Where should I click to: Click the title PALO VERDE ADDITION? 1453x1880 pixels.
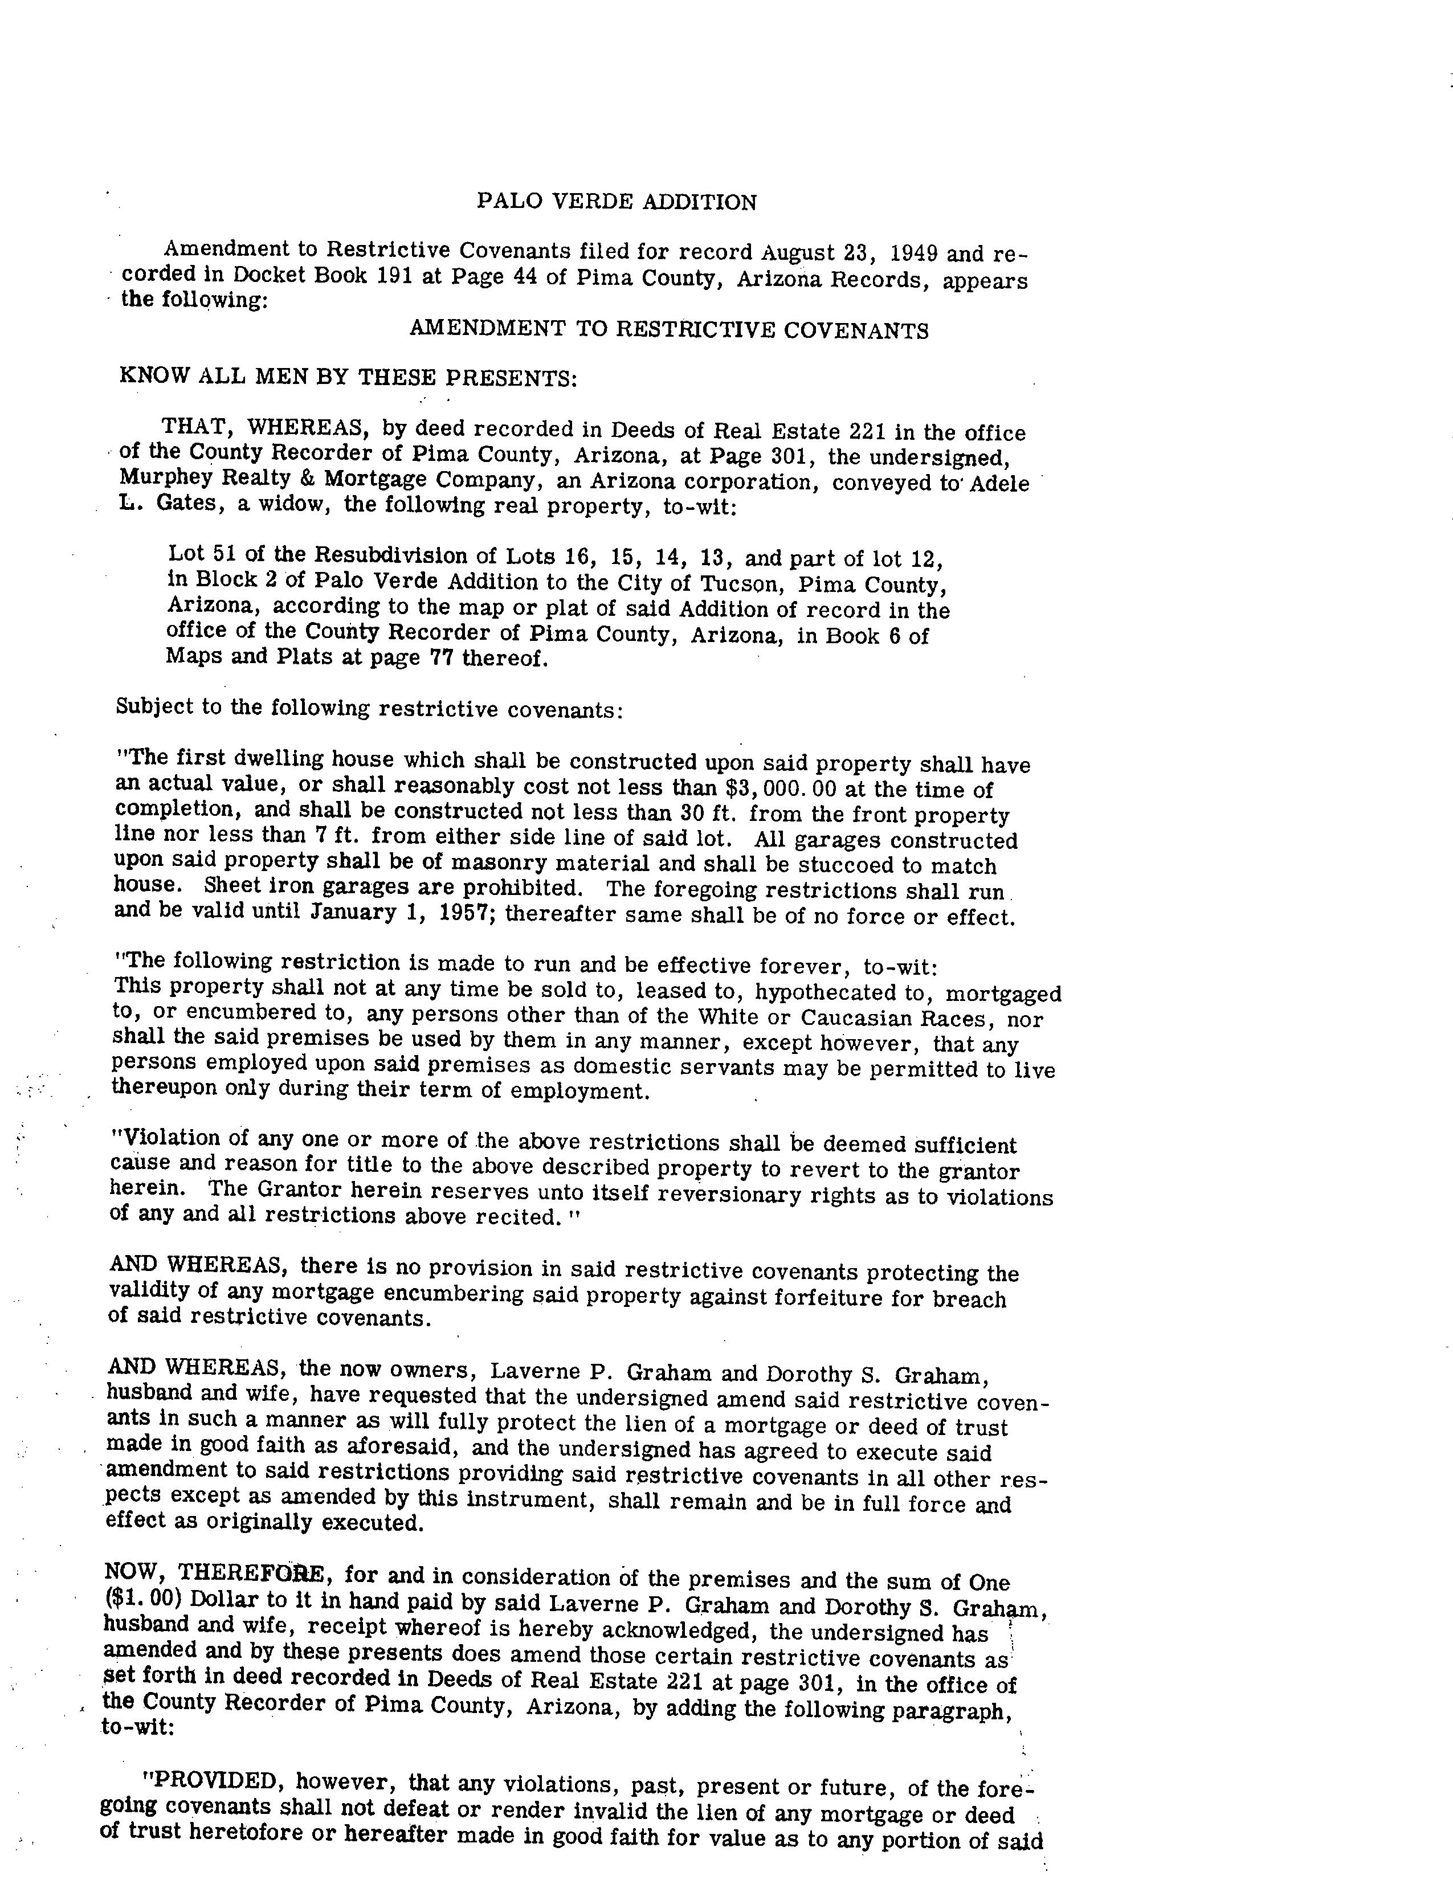point(617,202)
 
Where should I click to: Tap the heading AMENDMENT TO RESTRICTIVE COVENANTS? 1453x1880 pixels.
point(669,330)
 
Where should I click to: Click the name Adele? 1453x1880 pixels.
point(999,483)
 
